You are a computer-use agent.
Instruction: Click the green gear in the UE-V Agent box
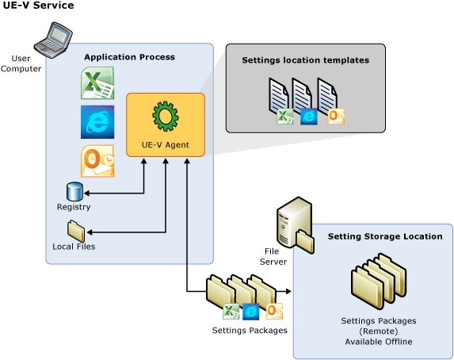click(x=166, y=116)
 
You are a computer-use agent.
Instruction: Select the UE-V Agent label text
click(x=166, y=144)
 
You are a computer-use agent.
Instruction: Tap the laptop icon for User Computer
click(x=53, y=40)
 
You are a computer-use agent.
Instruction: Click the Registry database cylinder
click(x=74, y=192)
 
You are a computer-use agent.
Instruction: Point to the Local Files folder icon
click(x=76, y=231)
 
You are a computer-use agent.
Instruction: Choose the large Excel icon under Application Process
click(x=97, y=83)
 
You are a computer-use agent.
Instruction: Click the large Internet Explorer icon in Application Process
click(x=97, y=122)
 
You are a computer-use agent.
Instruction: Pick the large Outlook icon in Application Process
click(x=97, y=161)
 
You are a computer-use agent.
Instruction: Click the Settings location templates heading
click(x=306, y=60)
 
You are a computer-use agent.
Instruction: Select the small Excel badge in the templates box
click(x=284, y=117)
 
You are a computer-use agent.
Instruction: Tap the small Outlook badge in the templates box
click(x=336, y=117)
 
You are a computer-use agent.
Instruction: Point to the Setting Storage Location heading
click(x=385, y=236)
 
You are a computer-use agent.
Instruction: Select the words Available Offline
click(x=379, y=342)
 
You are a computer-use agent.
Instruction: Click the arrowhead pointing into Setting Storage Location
click(x=288, y=291)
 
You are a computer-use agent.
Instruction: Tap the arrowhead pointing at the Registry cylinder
click(x=86, y=193)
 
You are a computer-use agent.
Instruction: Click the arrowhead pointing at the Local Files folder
click(x=90, y=232)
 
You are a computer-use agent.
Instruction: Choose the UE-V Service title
click(x=38, y=6)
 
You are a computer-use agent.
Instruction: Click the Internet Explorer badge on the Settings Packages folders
click(x=250, y=312)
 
